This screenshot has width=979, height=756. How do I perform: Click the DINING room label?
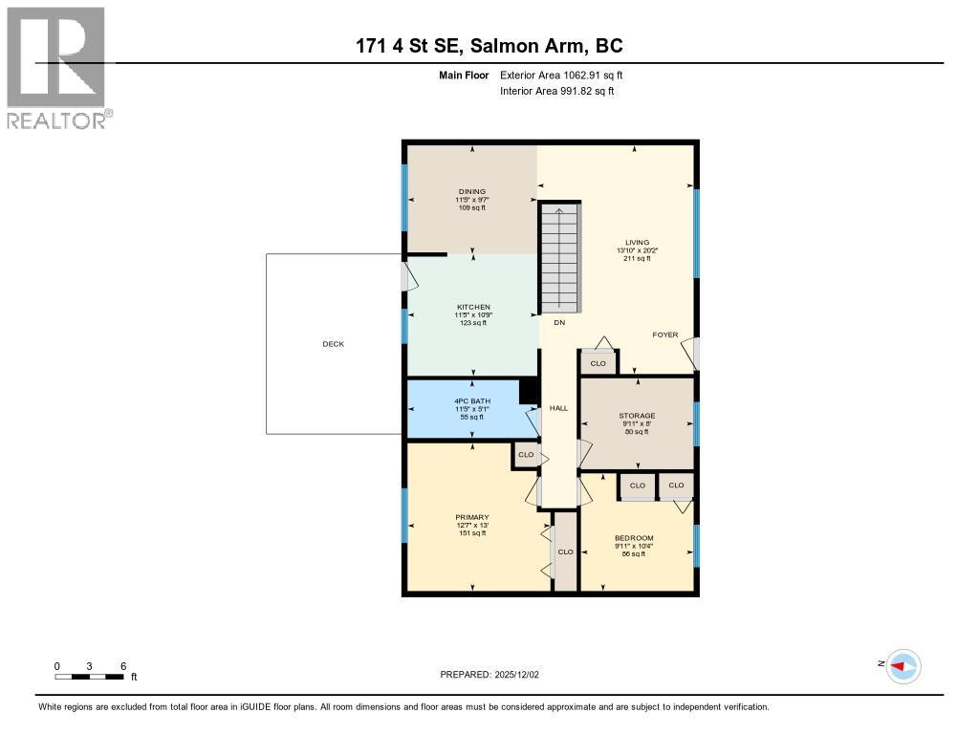click(471, 191)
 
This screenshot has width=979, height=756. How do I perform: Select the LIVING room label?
click(638, 243)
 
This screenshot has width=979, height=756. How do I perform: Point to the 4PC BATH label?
click(469, 401)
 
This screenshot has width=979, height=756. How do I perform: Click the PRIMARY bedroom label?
click(471, 517)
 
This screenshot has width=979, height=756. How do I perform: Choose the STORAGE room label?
click(636, 416)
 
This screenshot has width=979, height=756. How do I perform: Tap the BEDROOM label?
click(634, 538)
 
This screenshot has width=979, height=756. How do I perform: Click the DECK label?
click(333, 344)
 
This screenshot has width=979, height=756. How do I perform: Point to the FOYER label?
click(665, 335)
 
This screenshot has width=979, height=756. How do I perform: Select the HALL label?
click(559, 408)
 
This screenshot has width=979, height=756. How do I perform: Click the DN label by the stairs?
click(559, 322)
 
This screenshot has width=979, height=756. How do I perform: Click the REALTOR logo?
click(58, 68)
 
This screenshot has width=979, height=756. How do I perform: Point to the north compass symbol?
click(903, 665)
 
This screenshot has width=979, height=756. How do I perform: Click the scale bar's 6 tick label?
click(122, 666)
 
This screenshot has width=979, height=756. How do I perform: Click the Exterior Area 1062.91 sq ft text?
click(561, 75)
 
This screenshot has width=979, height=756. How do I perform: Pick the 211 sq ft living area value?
click(637, 258)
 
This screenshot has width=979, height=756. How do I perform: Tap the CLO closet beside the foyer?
click(598, 363)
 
